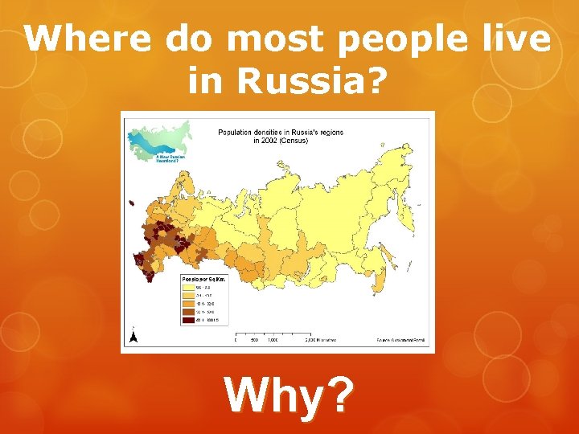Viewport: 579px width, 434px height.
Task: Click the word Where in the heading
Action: click(x=87, y=38)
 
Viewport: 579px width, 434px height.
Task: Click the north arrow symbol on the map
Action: click(x=133, y=335)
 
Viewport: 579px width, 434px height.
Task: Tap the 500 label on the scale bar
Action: click(x=254, y=340)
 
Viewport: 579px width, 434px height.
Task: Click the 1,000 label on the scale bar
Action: click(x=273, y=340)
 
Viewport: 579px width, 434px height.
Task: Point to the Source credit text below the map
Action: click(x=400, y=340)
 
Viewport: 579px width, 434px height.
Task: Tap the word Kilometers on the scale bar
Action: click(x=321, y=340)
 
